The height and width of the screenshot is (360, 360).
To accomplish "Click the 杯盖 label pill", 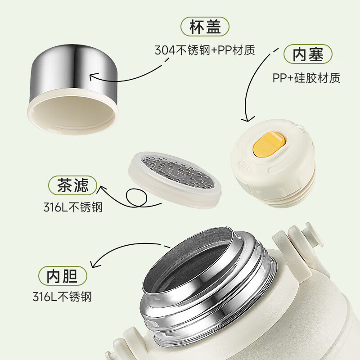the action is coord(205,27).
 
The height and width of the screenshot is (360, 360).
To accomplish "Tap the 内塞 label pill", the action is coord(308,54).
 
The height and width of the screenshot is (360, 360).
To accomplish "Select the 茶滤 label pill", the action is coord(72,185).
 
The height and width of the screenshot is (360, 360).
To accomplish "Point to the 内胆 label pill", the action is coord(63,276).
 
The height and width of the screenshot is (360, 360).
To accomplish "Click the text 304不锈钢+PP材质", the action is coord(205,50).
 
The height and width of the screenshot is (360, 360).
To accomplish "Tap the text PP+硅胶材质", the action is coord(306,78).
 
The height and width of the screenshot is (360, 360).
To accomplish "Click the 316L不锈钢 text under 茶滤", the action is coord(73,207).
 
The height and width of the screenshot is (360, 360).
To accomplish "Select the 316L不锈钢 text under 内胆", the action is coord(62,297).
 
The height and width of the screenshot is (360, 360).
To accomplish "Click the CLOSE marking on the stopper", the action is coord(246,167).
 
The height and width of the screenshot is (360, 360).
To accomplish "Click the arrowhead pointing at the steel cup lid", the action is coord(93,76).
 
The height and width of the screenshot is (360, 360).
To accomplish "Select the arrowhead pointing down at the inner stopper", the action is coord(248,119).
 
